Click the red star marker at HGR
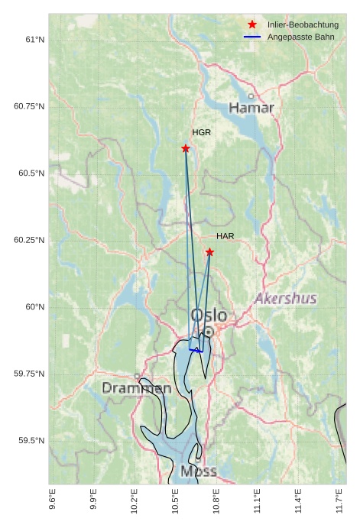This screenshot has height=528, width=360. [x=186, y=148]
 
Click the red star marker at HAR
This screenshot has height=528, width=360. [x=209, y=252]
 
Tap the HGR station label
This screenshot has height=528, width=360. [x=202, y=132]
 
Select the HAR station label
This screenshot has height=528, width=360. [x=225, y=236]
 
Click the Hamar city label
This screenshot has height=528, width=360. [x=251, y=109]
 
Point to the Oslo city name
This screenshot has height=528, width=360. [x=208, y=315]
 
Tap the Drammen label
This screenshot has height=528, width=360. [x=137, y=388]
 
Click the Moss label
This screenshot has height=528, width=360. [x=199, y=471]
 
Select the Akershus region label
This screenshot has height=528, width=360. [x=286, y=297]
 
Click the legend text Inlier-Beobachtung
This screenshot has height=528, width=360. [x=303, y=25]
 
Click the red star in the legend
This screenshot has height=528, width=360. [x=252, y=25]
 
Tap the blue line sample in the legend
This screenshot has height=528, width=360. [x=252, y=37]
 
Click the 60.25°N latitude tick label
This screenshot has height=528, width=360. [x=29, y=240]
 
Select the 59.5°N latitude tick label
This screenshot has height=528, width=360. [x=31, y=441]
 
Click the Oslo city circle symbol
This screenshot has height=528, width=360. [x=208, y=332]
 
